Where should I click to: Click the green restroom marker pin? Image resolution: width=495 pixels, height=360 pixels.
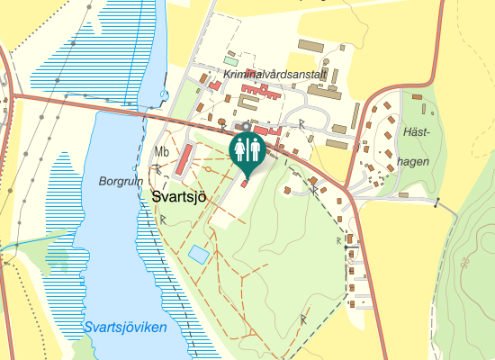click(246, 152)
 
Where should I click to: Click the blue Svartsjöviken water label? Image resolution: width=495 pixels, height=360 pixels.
click(124, 328)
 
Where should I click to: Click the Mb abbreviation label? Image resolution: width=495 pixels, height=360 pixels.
click(162, 151)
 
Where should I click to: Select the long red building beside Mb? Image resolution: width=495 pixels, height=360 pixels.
click(184, 160)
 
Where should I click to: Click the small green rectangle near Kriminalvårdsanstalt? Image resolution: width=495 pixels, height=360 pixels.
click(231, 61)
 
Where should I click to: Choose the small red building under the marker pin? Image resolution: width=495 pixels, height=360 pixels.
click(243, 184)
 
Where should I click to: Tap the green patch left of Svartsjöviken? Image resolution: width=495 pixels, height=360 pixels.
click(58, 258)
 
